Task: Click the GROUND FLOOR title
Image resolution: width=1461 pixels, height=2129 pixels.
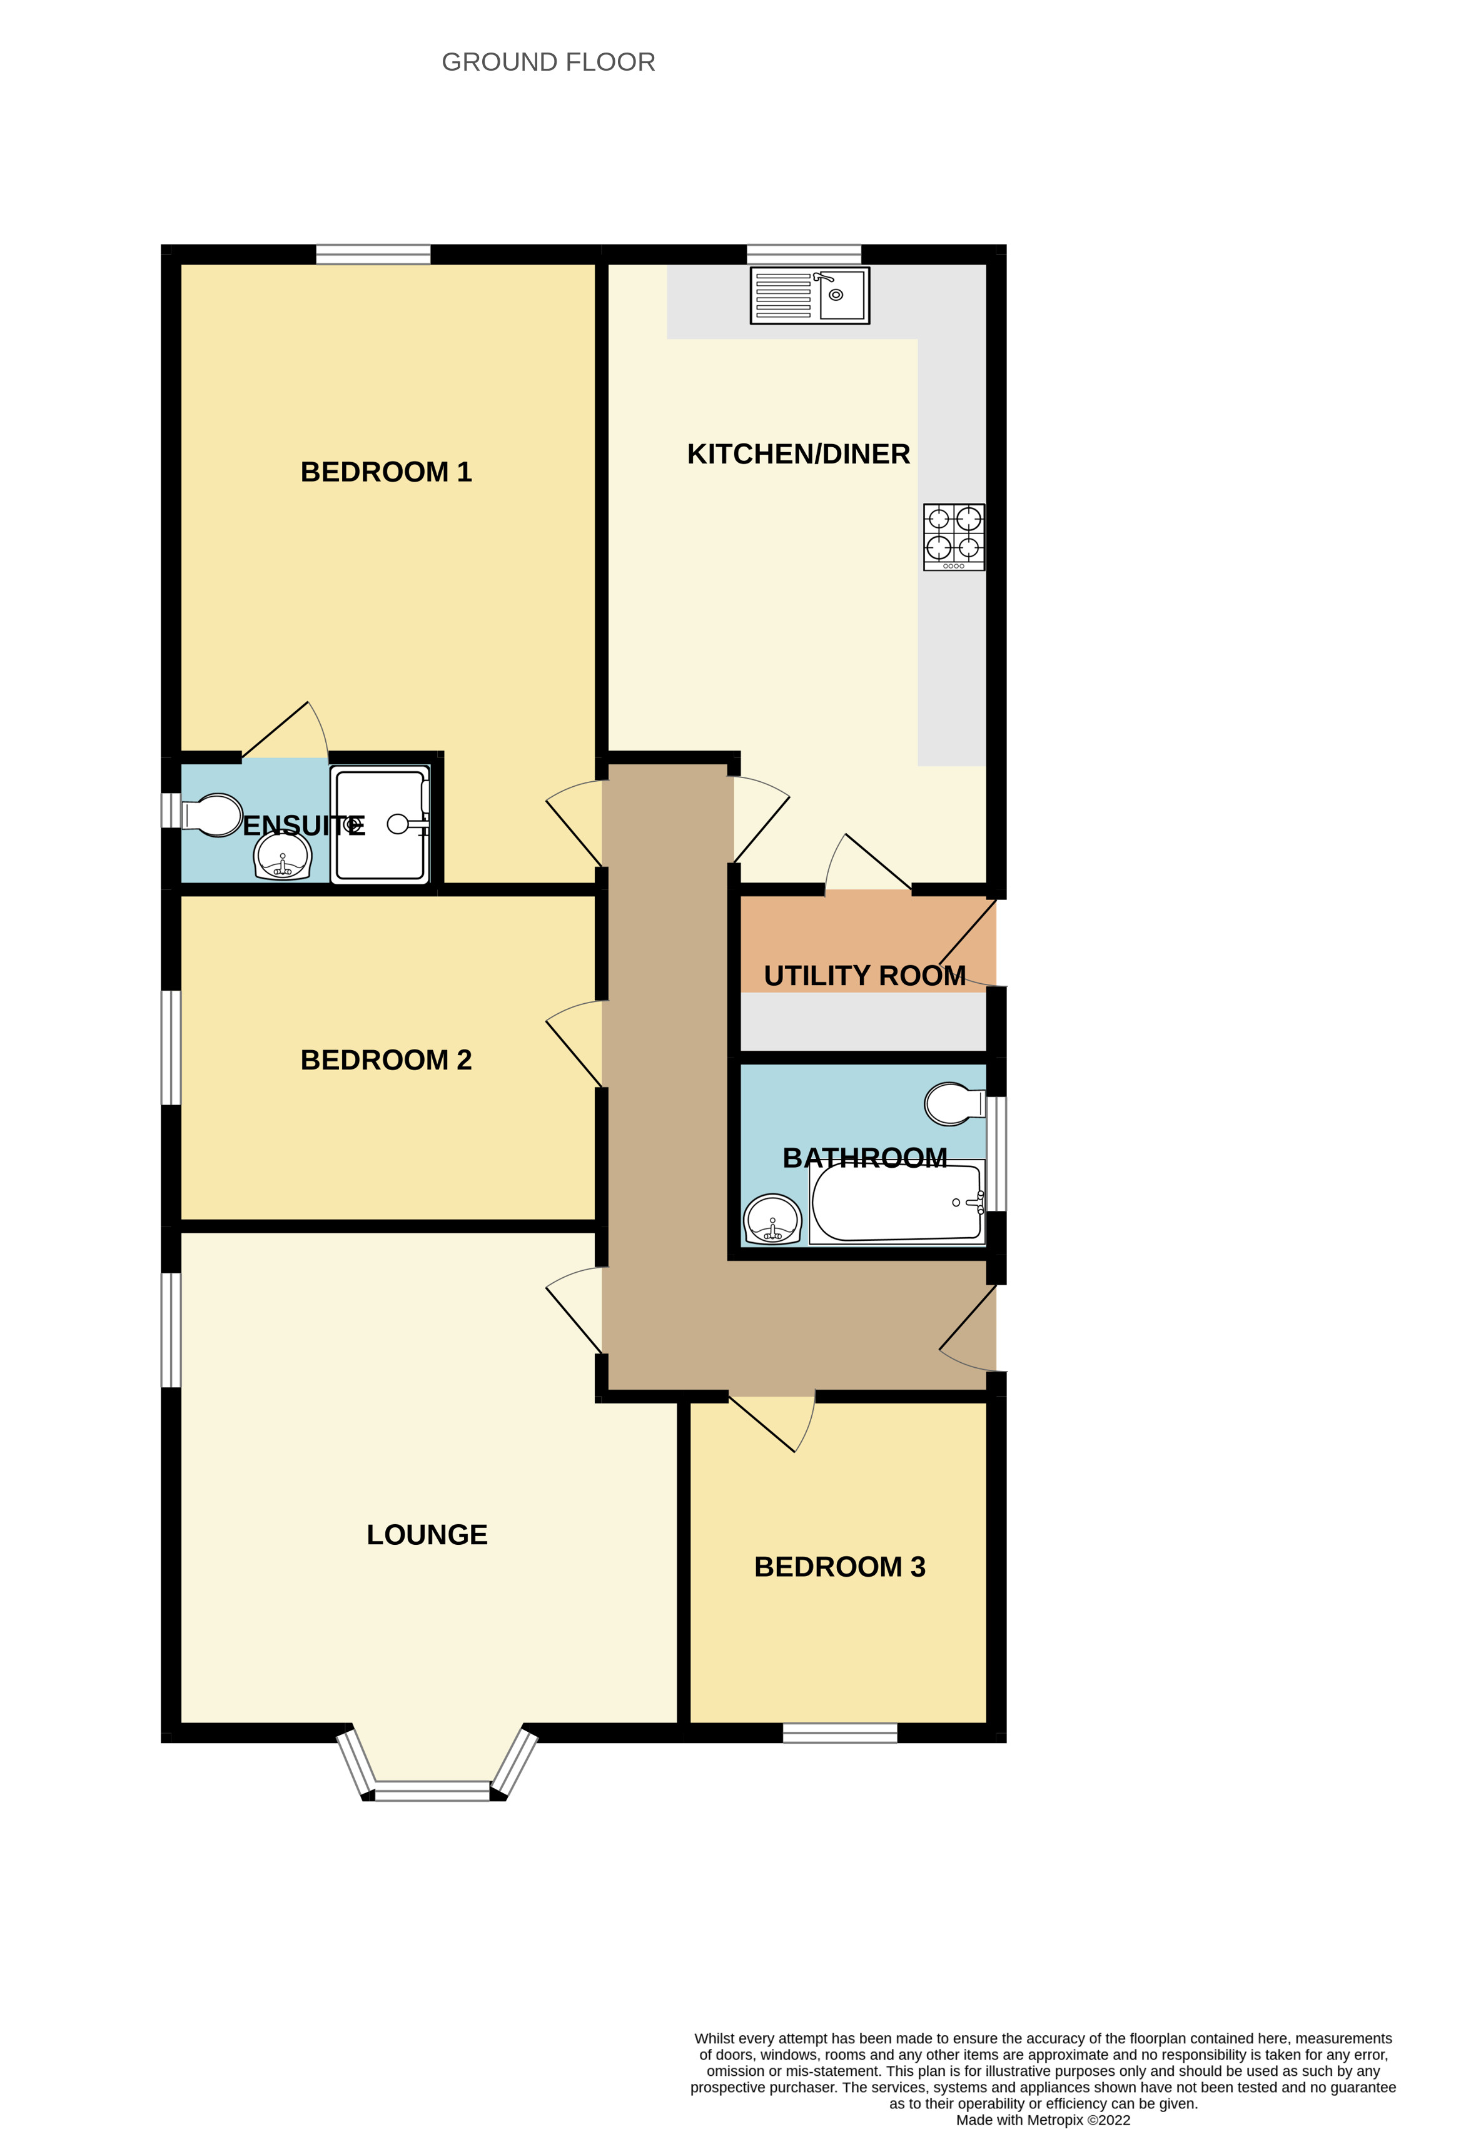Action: (x=548, y=63)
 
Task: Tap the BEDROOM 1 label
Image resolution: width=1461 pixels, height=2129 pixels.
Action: (x=386, y=472)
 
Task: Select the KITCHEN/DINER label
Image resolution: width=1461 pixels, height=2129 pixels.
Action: (x=798, y=454)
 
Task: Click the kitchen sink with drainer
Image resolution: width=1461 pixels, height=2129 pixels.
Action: (x=809, y=295)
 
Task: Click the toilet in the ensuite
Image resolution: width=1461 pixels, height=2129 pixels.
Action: (x=213, y=814)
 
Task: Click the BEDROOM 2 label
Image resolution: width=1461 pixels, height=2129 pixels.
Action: (x=386, y=1060)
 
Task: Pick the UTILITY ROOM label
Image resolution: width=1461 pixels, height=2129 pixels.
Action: (x=864, y=976)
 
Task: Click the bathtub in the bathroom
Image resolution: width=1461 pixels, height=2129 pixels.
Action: (x=896, y=1202)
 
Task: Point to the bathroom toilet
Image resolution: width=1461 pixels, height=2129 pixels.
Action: (x=953, y=1103)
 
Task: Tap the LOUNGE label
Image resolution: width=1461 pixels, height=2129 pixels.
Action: (x=427, y=1534)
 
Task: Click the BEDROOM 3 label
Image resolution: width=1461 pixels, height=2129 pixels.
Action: (x=839, y=1567)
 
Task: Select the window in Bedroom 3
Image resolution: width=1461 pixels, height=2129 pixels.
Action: (x=839, y=1732)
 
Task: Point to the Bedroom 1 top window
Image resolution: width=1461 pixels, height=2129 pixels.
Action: (x=373, y=254)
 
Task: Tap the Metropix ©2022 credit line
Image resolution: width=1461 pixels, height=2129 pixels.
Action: (x=1043, y=2120)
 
